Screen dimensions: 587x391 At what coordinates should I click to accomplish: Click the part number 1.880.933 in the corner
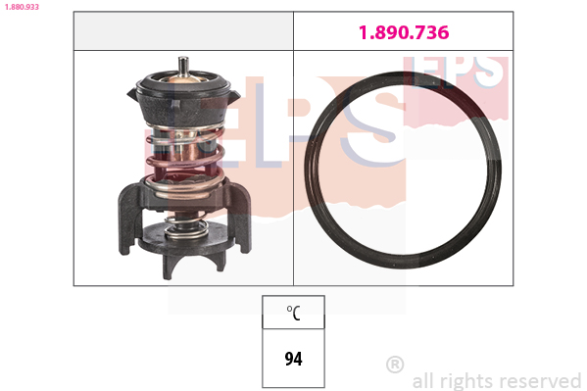click(22, 7)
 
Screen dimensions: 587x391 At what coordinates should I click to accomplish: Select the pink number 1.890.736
click(404, 32)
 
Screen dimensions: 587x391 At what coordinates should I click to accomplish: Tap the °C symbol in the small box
click(293, 313)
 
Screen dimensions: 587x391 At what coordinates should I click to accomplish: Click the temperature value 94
click(294, 359)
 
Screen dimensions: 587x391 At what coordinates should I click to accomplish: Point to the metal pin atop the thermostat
click(183, 67)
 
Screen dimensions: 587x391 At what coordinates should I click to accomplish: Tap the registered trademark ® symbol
click(395, 364)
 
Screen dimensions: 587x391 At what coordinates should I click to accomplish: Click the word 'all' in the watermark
click(423, 381)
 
